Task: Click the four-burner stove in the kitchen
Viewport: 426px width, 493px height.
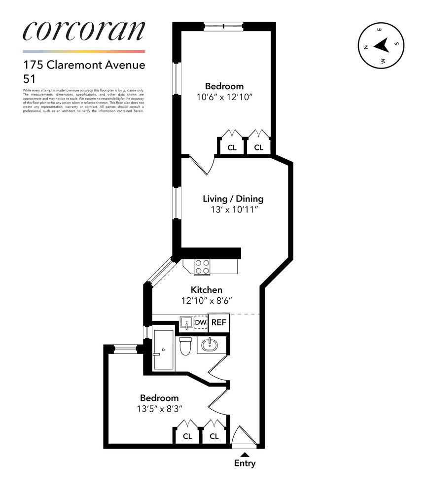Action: click(202, 267)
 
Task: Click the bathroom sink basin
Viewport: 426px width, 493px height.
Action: click(211, 344)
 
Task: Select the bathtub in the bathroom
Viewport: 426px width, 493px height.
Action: click(163, 350)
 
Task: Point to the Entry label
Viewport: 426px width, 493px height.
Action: click(245, 463)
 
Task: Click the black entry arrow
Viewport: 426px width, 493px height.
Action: click(245, 454)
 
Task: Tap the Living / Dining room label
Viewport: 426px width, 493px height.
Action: click(233, 199)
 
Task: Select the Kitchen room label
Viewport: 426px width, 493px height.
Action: click(207, 290)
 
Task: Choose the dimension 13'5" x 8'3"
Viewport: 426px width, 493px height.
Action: click(159, 409)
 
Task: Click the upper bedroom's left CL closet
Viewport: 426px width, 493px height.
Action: click(231, 147)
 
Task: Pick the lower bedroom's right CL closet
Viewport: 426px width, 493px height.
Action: click(214, 436)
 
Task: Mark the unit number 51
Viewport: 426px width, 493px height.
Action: click(29, 78)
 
